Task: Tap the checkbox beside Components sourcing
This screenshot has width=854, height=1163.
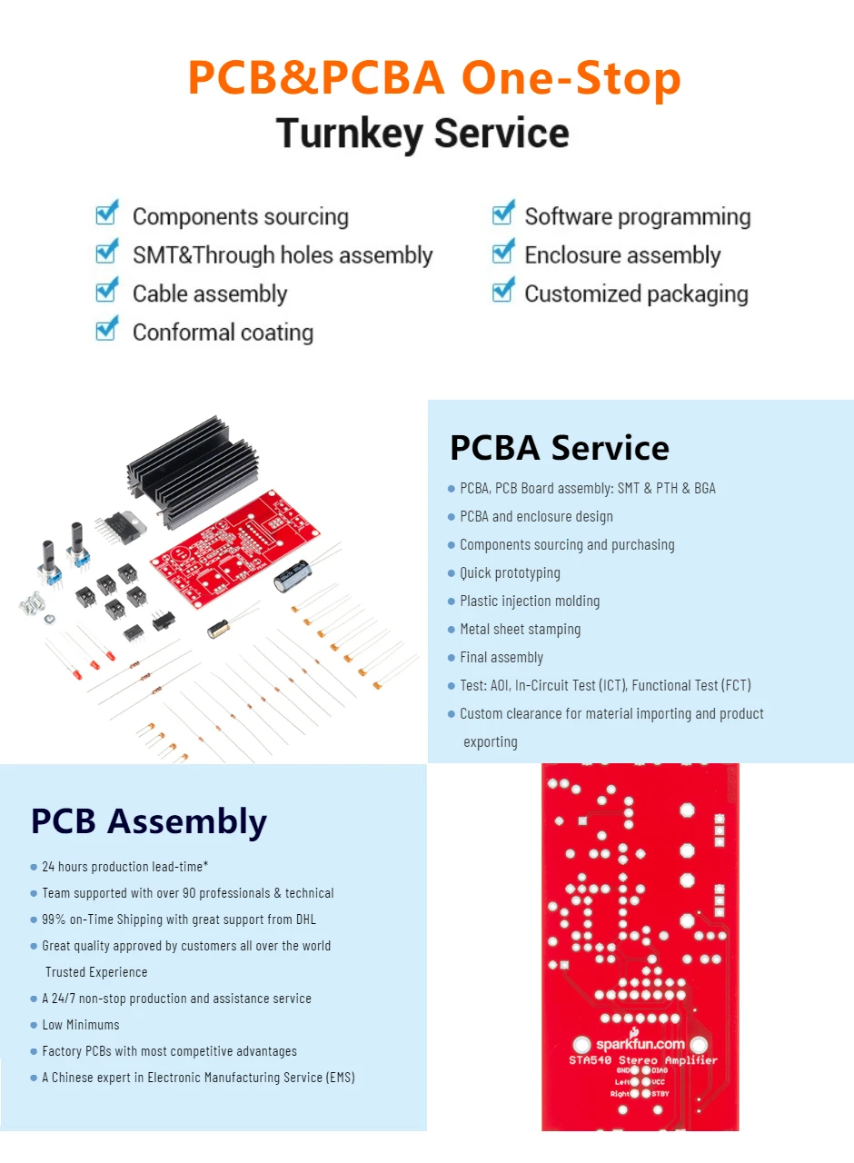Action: [x=107, y=214]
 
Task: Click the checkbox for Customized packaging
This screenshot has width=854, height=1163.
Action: [x=503, y=292]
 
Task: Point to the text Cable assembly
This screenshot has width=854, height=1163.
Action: [x=210, y=294]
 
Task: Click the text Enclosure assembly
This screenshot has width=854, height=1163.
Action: [x=622, y=255]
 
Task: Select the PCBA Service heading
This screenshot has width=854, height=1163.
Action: [x=560, y=448]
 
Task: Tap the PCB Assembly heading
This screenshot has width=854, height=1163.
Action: [x=149, y=821]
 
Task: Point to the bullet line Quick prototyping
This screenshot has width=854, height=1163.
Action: [x=510, y=573]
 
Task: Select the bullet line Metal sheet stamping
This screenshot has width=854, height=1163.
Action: [x=520, y=630]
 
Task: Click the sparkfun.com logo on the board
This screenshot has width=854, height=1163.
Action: [x=640, y=1043]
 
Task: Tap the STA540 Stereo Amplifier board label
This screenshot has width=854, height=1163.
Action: [x=642, y=1060]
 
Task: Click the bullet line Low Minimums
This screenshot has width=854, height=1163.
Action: [x=81, y=1025]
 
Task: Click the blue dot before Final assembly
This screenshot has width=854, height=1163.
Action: [x=452, y=658]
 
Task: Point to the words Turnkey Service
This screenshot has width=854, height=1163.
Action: [x=422, y=134]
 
